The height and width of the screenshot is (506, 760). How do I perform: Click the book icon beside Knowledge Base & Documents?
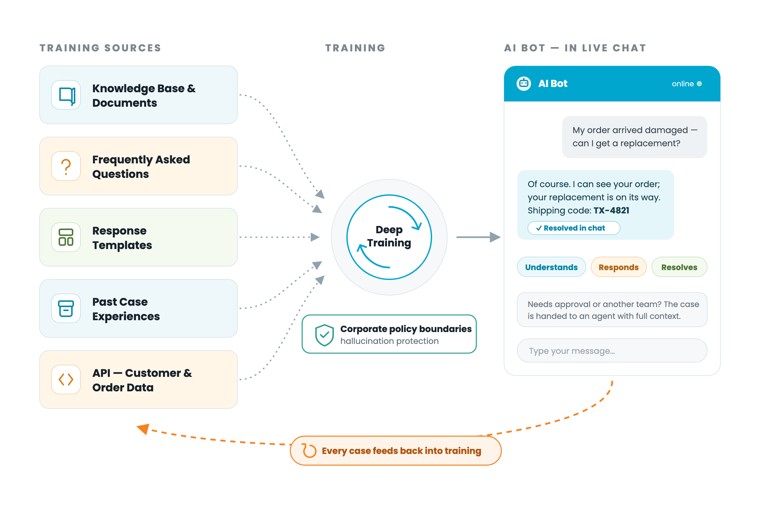(66, 95)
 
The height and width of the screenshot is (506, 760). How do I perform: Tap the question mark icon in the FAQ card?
(66, 166)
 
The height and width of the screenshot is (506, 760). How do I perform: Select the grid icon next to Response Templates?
(66, 238)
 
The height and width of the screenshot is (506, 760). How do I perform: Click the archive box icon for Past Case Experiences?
(66, 309)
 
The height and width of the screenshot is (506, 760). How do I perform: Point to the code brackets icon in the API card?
(66, 379)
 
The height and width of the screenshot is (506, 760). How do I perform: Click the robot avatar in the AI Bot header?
(524, 84)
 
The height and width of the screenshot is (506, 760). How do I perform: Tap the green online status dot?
(699, 84)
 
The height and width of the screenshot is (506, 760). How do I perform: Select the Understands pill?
(552, 267)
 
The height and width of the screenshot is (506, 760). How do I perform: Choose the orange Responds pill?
(618, 267)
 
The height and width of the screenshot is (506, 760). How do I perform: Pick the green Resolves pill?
(679, 267)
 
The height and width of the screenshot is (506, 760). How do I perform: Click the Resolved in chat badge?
(574, 228)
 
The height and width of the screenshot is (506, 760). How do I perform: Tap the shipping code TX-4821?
(612, 211)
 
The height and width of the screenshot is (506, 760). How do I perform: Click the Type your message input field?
(612, 351)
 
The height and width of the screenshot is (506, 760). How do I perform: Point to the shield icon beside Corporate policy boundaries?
(325, 335)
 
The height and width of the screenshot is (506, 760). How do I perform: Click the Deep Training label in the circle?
(389, 236)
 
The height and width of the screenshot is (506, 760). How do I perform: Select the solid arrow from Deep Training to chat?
(478, 237)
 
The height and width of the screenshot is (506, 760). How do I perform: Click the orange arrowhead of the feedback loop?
(143, 429)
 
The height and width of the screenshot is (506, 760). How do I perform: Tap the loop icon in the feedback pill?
(309, 451)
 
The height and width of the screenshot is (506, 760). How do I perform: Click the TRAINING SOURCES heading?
(100, 48)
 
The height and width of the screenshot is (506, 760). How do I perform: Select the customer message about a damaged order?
(635, 137)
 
